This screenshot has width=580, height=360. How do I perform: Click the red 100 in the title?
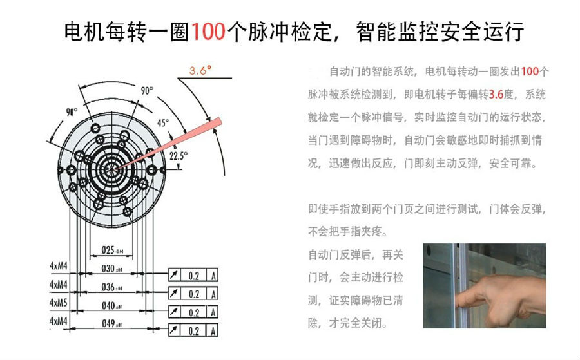208,32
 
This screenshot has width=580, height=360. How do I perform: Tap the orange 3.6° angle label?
200,70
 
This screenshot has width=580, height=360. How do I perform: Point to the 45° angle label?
163,123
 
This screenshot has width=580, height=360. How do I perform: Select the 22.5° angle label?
179,156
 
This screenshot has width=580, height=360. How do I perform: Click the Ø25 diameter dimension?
112,251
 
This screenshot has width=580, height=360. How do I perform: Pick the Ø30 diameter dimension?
112,269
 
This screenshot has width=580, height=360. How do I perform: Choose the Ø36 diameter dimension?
112,287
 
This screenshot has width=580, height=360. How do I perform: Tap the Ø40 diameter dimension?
112,306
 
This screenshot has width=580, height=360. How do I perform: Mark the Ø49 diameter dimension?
112,324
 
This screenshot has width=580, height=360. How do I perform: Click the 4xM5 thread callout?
59,303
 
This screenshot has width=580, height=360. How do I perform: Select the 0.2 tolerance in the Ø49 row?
194,331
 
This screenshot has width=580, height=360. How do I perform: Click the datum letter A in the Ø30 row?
213,276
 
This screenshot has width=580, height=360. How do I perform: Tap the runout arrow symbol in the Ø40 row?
174,312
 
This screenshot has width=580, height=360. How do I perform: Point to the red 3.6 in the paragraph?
496,95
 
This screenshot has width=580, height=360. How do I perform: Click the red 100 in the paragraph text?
530,71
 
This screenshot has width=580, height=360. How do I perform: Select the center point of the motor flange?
110,169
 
